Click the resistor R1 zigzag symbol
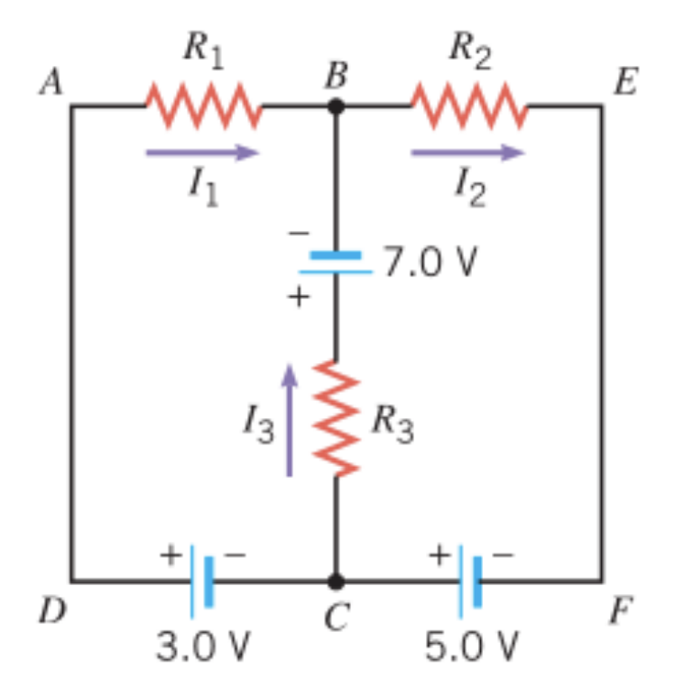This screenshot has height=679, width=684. (x=204, y=106)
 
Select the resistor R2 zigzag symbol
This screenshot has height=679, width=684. (x=468, y=106)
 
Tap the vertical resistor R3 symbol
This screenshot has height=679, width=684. (x=336, y=417)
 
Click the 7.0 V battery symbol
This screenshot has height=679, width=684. (x=336, y=263)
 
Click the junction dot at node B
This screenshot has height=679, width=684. (x=336, y=106)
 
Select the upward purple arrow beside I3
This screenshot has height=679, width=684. (x=289, y=419)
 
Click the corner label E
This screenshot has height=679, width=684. (x=624, y=83)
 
